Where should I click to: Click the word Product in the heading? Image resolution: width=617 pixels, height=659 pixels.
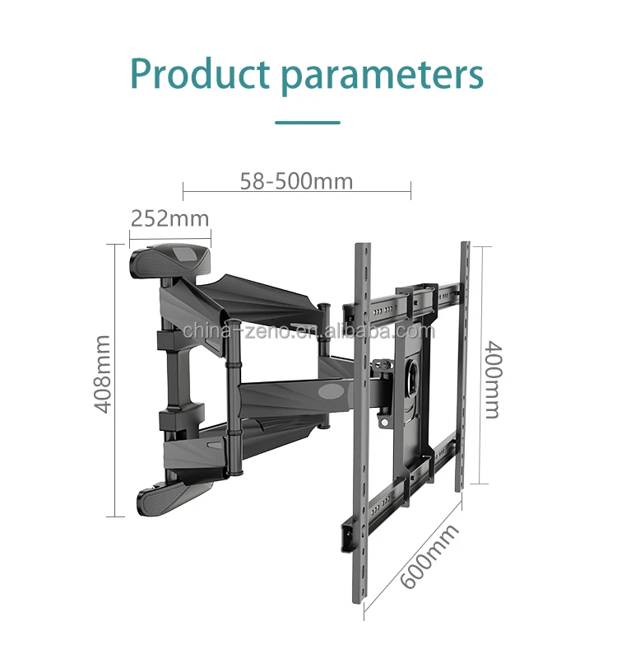[x=200, y=74]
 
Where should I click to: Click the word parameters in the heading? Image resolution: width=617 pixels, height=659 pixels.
[x=382, y=76]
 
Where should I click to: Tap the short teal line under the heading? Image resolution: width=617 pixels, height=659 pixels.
[x=307, y=123]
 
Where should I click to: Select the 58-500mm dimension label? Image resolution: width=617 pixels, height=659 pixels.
[x=296, y=180]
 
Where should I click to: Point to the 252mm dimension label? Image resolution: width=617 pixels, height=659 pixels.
[x=169, y=218]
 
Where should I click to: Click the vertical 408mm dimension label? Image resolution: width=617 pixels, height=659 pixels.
[x=100, y=374]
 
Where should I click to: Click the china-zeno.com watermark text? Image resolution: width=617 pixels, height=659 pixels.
[x=308, y=331]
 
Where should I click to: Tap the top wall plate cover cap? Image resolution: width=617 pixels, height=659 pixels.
[x=170, y=259]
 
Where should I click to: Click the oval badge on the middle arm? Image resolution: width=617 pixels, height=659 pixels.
[x=336, y=388]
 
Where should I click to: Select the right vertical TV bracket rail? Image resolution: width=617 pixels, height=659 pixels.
[x=464, y=362]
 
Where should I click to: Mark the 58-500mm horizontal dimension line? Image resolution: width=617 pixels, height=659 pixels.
[x=296, y=193]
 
